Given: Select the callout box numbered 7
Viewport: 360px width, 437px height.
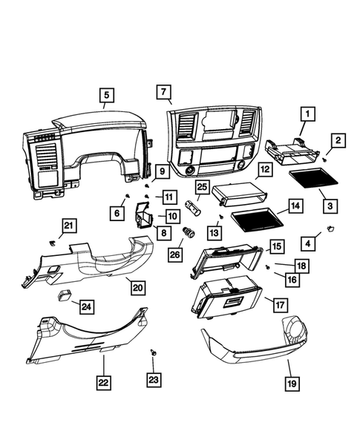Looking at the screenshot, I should pos(162,92).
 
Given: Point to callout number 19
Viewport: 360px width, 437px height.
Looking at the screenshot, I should pos(292,384).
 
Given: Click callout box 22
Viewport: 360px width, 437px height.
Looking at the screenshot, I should pos(103,383).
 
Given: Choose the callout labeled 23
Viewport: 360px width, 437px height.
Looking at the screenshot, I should pos(154,380).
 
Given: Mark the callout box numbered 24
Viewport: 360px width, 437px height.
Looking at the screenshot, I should pos(87,306).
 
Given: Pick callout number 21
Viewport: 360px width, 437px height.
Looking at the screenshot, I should pos(68,226).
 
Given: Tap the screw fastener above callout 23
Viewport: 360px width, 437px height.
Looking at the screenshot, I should pos(154,351).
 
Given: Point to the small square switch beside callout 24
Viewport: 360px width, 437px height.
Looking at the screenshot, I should pos(65,293).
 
